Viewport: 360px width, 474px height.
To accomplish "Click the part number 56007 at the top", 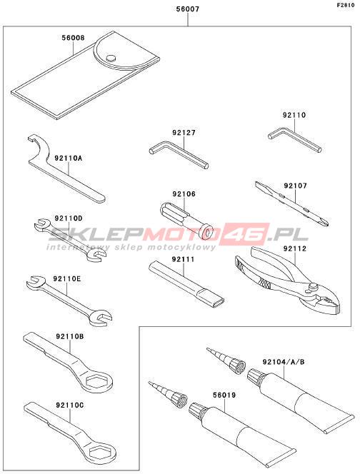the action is coord(188,9).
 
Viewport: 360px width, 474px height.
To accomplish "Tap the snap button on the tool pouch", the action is coord(111,57).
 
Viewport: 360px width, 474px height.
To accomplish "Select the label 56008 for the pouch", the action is coord(73,38).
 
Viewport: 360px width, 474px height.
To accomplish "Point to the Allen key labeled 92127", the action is coord(179,153).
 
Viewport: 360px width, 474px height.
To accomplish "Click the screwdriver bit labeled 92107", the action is coord(292,203).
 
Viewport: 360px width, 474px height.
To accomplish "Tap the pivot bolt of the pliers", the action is coord(312,286).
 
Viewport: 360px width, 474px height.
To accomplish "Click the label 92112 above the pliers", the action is coord(295,248).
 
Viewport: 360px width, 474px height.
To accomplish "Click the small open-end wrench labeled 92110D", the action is coord(71,239).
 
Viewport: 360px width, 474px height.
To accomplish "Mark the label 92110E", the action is coord(67,278).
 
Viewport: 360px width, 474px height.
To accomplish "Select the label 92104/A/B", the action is coord(284,362).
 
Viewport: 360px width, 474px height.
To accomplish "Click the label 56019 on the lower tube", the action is coord(224,395).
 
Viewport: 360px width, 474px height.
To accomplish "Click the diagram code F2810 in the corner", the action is coord(346,5).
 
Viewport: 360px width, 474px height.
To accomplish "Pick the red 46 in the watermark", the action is coord(246,233).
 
